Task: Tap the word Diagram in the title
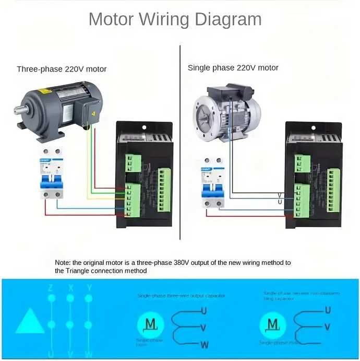coord(228,19)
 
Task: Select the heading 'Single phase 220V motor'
coord(233,68)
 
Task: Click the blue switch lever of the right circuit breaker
coord(212,187)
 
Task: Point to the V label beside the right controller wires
coord(280,195)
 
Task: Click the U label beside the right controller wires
coord(280,202)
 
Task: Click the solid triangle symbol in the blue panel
coord(29,320)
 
